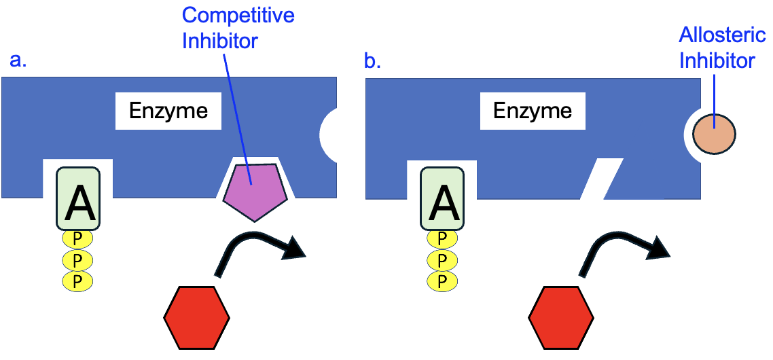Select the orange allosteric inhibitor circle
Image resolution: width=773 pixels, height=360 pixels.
(714, 133)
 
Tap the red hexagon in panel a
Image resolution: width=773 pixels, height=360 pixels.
(197, 317)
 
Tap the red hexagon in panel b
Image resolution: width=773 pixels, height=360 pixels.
(561, 317)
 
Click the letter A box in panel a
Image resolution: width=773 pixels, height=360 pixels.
(79, 198)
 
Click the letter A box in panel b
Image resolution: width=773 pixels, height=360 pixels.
(443, 198)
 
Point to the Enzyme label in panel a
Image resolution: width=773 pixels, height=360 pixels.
(168, 111)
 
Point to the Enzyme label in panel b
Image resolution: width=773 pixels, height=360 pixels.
(533, 111)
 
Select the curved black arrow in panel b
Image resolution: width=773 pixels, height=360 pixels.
(621, 251)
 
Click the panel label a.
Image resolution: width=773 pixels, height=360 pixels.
(18, 60)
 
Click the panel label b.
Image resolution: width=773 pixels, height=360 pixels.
(373, 61)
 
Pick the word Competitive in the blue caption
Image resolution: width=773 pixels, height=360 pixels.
(238, 16)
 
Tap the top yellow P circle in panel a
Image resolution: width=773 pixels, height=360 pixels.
(77, 239)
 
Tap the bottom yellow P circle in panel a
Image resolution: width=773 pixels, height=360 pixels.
(77, 281)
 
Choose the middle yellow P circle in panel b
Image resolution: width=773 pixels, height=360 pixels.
(442, 260)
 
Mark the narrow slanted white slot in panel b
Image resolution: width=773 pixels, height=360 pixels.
(603, 178)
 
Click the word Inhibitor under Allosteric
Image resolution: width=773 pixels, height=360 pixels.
(717, 61)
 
